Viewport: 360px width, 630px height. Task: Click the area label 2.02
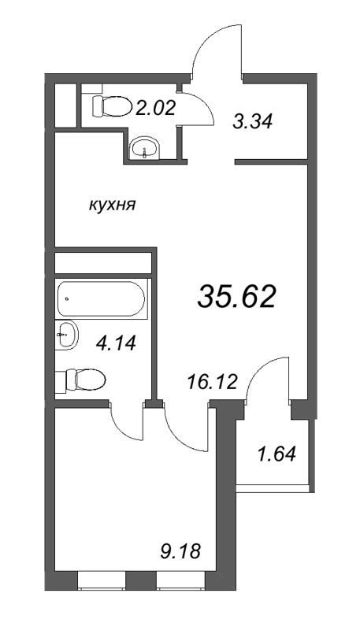point(154,108)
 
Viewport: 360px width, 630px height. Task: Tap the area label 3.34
point(253,122)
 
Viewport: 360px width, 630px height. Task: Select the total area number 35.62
point(236,297)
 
